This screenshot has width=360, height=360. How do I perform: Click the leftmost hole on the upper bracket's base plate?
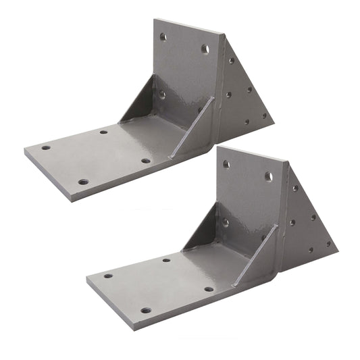[46, 147]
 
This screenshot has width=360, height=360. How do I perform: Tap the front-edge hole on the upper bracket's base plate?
[82, 182]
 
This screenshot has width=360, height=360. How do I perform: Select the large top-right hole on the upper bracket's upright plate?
[204, 49]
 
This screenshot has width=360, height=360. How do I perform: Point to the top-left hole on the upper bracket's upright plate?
[162, 38]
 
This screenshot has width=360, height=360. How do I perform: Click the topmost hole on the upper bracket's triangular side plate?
[231, 61]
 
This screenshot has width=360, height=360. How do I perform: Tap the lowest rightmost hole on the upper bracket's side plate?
[265, 115]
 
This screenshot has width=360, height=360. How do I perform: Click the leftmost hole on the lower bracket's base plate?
[108, 276]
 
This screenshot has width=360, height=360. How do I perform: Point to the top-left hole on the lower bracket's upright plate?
[226, 164]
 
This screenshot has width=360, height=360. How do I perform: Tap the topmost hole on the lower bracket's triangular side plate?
[294, 188]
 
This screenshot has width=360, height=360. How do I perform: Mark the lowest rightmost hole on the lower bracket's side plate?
[329, 244]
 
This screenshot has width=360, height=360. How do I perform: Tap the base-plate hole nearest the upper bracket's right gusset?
[145, 161]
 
